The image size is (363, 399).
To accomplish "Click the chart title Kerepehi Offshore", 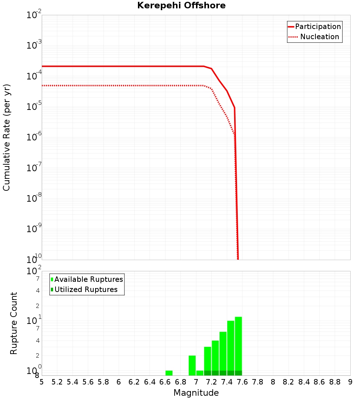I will pos(181,6).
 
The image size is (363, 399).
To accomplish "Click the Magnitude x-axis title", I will pos(196,393).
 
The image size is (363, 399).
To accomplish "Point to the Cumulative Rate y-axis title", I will pos(7,137).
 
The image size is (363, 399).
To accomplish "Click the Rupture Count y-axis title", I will pos(14,323).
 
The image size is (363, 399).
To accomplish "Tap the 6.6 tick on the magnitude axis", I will pos(165,382).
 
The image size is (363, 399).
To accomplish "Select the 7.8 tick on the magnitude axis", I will pos(258,382).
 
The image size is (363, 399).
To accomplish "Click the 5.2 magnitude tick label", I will pos(57,382).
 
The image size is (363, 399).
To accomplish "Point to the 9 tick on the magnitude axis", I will pos(350,382).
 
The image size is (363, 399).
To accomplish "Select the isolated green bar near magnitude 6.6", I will pos(169,373).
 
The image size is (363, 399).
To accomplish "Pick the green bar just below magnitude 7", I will pos(192,365).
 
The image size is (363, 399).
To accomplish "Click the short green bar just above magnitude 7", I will pos(200,373).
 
